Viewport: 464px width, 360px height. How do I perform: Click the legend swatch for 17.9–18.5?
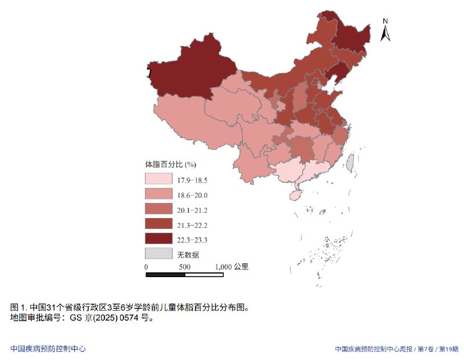(158, 179)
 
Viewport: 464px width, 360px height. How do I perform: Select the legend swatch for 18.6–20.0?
(158, 194)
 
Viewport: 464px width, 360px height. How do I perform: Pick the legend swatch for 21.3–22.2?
(158, 224)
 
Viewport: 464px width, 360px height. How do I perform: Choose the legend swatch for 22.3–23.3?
(158, 239)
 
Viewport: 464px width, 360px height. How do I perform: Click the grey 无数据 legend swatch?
(158, 253)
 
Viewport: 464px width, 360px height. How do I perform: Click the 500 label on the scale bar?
(184, 267)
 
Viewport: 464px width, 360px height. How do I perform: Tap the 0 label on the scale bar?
(147, 267)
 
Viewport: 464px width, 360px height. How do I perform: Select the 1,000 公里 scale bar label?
(231, 267)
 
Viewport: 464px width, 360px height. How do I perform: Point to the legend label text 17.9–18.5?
(193, 180)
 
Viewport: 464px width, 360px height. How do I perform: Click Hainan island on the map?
(295, 196)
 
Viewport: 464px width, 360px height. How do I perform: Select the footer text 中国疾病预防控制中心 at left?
(48, 349)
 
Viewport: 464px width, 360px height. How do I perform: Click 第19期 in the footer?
(448, 349)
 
